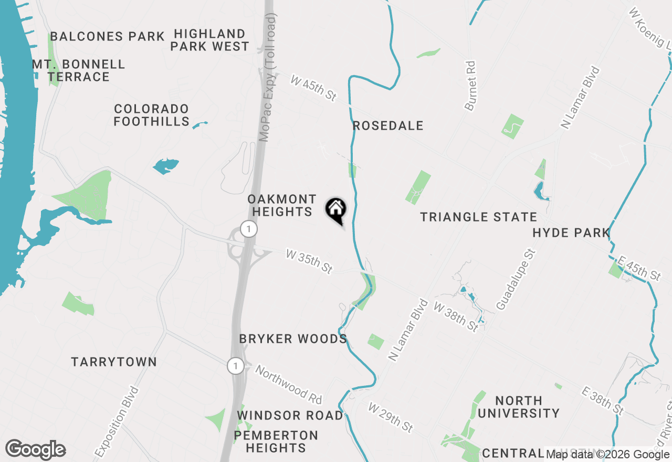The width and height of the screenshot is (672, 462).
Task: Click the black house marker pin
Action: point(336,210)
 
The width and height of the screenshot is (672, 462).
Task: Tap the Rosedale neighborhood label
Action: point(388,126)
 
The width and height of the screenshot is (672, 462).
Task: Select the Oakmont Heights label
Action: point(282,205)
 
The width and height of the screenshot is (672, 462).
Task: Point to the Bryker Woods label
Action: point(293,339)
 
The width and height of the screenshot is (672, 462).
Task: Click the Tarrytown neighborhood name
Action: point(114,362)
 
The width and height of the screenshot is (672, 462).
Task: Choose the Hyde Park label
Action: point(571,233)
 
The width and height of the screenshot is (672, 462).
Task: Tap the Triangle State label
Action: point(478,217)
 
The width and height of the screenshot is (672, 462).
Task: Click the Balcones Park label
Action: point(108,37)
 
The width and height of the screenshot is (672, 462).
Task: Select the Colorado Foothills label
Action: point(152,115)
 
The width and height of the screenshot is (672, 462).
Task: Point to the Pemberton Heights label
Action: point(276,442)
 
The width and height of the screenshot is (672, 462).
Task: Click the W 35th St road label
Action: point(309,261)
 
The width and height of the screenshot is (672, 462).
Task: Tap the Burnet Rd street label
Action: point(470,86)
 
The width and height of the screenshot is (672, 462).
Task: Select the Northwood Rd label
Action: point(288,385)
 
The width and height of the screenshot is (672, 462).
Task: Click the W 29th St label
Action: point(390,417)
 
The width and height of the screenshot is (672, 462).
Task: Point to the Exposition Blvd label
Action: point(117,421)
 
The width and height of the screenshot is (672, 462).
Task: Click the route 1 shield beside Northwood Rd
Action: point(236,366)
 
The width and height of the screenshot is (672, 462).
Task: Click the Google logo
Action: point(36,450)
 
